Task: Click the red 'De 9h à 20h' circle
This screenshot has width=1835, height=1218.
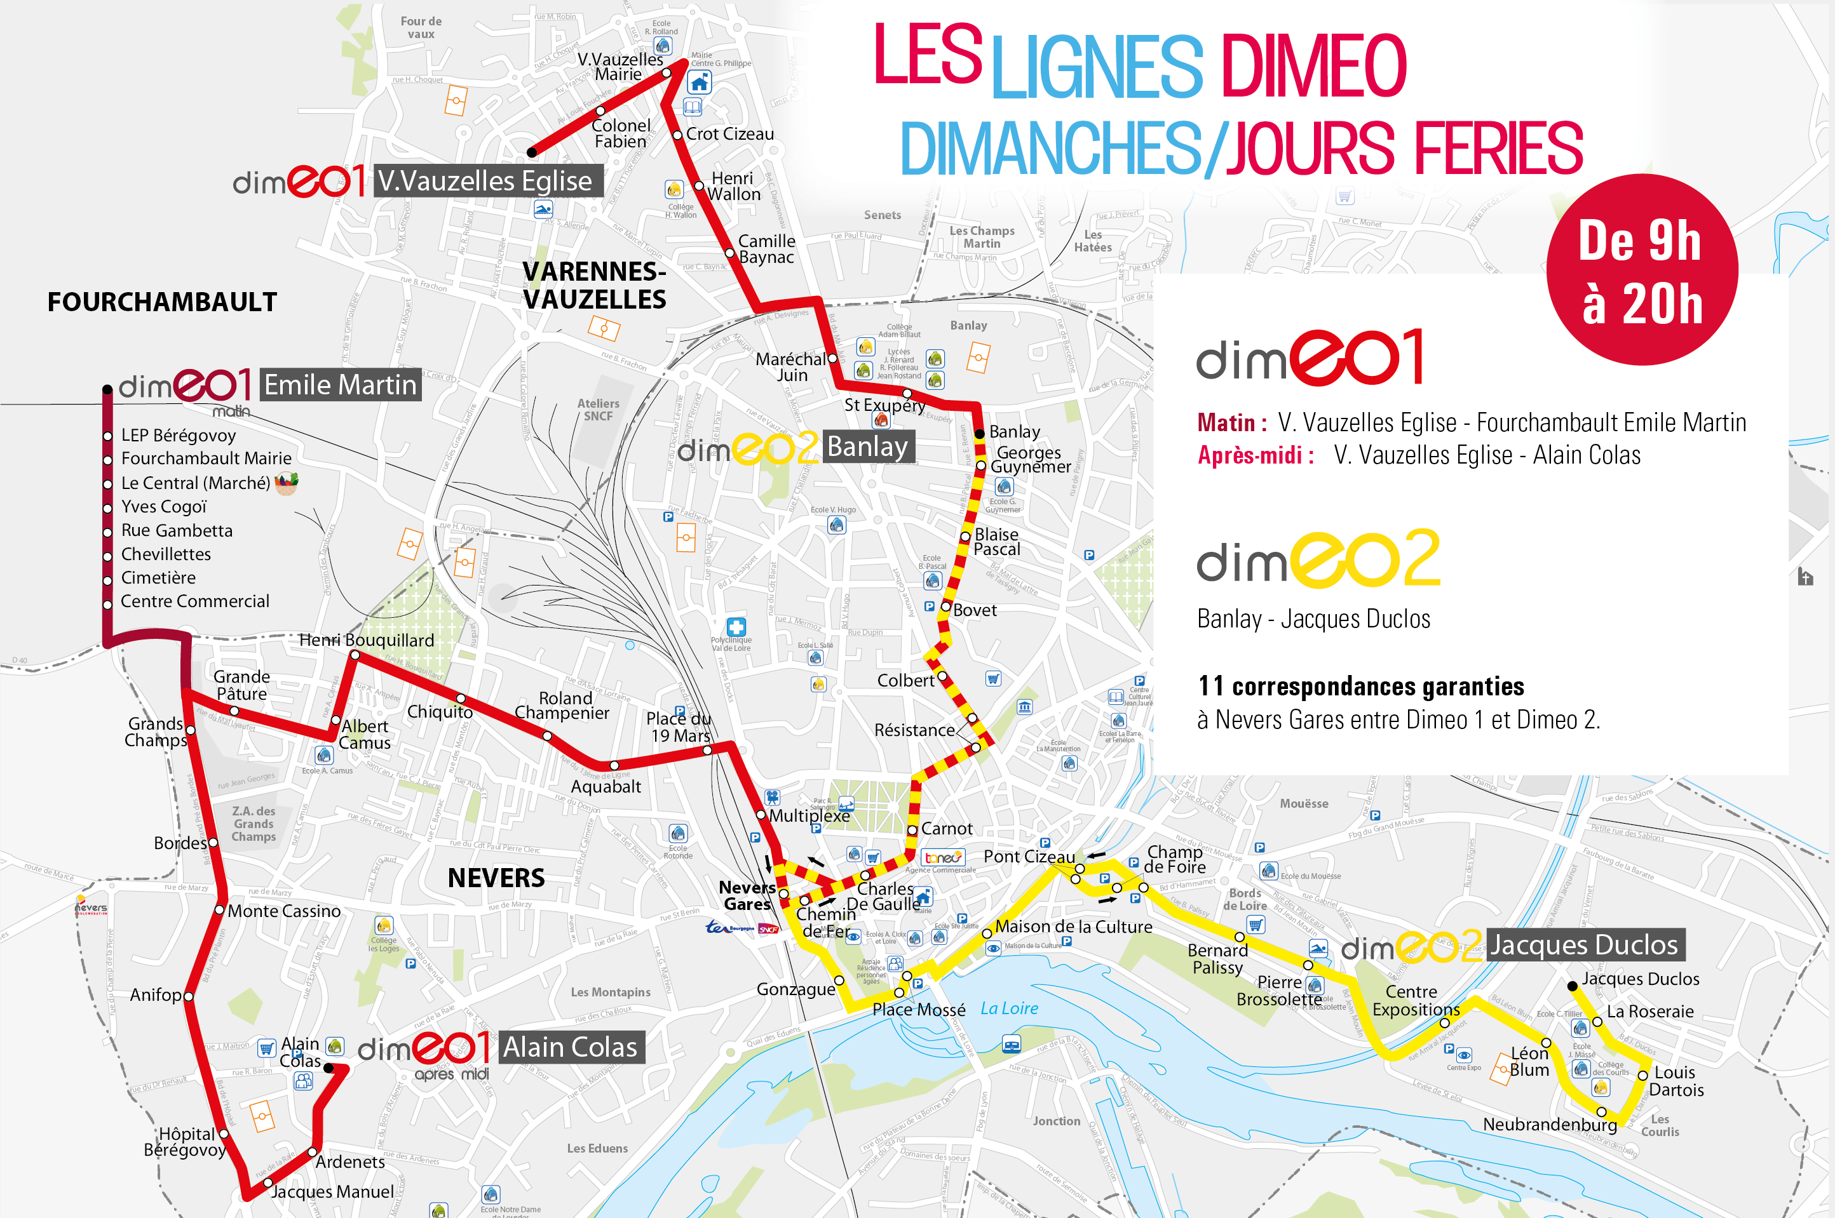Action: tap(1641, 269)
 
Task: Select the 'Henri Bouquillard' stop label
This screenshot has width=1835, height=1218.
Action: tap(366, 640)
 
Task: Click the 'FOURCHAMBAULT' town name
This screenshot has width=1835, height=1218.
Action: tap(161, 302)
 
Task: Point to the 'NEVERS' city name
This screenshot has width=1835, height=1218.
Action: tap(496, 878)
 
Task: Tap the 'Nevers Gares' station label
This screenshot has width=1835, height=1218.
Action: tap(747, 895)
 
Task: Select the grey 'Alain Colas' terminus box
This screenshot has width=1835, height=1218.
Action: tap(571, 1047)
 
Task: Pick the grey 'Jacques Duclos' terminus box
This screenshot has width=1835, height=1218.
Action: tap(1585, 944)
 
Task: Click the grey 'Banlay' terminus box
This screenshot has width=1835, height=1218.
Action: tap(867, 446)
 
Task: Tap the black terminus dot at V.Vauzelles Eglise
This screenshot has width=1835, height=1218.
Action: tap(532, 152)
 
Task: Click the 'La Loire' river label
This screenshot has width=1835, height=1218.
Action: tap(1009, 1008)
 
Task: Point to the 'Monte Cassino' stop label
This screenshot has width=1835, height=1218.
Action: tap(283, 911)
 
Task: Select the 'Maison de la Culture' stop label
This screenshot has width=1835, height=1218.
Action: tap(1073, 927)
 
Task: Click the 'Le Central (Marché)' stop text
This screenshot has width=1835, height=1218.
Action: tap(195, 483)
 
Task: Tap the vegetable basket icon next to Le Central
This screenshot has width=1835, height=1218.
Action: tap(286, 483)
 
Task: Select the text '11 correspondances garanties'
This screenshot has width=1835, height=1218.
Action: tap(1360, 686)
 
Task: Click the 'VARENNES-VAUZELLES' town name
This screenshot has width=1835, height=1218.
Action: tap(594, 285)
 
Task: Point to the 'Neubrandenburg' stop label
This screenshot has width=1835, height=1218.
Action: tap(1549, 1124)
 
